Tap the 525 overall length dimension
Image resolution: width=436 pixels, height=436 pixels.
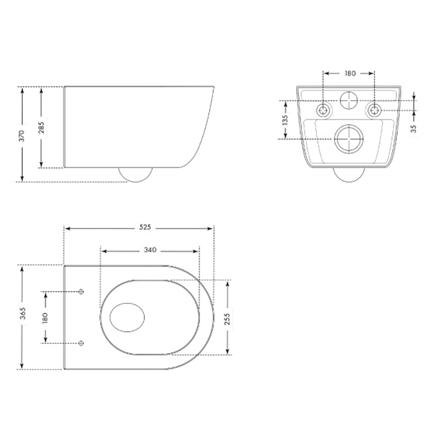pos(146,227)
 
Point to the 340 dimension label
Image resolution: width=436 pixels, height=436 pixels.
pos(149,250)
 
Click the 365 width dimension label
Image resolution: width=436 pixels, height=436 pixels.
pos(22,317)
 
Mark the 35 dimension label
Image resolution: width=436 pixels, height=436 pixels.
pos(414,128)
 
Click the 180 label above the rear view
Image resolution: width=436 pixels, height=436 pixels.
pos(349,73)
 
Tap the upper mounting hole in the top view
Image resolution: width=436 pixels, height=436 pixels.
pos(82,291)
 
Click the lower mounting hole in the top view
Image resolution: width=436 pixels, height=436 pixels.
pos(82,342)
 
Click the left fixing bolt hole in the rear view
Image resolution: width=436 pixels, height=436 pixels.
pos(324,110)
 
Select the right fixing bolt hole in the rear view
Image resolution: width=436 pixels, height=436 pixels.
pos(374,110)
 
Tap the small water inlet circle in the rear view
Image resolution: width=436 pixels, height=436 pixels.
pos(349,101)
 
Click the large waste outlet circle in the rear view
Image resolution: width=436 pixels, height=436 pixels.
pos(349,138)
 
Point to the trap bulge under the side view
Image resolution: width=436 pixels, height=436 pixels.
pos(136,175)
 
